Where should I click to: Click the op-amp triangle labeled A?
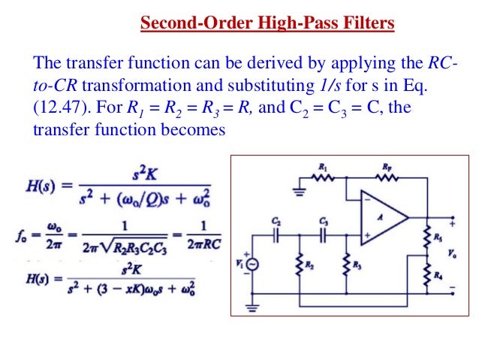point(381,217)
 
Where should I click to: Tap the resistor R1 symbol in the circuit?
point(323,179)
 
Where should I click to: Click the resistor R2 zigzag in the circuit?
point(300,263)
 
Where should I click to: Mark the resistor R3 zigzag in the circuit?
point(346,263)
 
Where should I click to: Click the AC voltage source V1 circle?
point(252,264)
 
